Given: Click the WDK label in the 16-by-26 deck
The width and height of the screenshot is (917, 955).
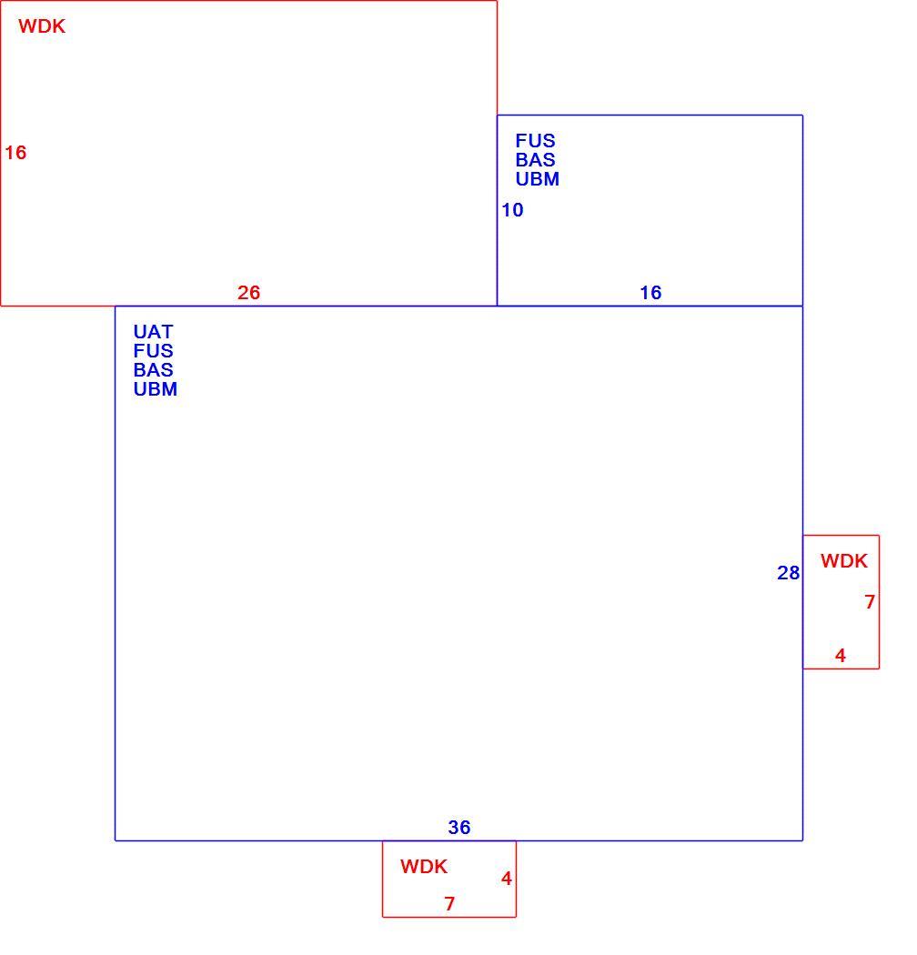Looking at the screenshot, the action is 42,26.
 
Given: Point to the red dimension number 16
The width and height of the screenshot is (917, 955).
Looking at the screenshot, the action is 15,152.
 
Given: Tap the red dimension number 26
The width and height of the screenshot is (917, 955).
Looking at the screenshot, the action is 248,292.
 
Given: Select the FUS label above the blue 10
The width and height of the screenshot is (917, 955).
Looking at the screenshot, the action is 535,141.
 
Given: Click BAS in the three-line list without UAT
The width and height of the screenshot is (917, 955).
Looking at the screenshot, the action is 535,159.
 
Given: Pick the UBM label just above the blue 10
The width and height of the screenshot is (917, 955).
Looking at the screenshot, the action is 537,179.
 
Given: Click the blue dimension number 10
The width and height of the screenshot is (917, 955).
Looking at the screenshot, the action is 512,210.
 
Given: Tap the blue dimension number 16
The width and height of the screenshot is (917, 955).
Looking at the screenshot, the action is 650,292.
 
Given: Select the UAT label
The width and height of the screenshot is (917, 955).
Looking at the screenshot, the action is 153,332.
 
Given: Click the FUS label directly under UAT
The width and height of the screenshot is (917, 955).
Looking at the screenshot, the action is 153,351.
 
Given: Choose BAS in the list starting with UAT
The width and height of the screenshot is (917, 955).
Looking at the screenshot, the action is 153,369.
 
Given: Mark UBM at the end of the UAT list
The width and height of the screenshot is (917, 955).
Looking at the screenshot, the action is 155,389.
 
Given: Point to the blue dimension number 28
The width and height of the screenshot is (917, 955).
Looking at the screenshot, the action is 788,572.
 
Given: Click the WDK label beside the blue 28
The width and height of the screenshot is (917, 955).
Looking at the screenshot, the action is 843,561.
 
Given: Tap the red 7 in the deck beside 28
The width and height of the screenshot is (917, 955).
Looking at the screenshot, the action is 870,602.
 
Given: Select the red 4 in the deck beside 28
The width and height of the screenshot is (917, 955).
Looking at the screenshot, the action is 841,656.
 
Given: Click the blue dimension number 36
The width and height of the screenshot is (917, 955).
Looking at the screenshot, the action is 458,827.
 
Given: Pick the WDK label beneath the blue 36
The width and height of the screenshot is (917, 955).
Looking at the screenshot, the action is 423,867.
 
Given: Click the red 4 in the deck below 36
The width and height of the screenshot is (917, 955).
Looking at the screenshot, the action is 507,879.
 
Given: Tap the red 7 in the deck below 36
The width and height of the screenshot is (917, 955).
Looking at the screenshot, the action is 449,904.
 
